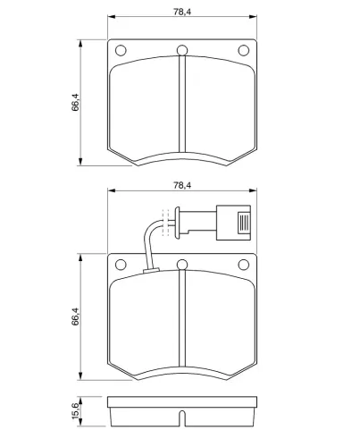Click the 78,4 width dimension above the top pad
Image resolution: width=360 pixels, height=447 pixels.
point(182,12)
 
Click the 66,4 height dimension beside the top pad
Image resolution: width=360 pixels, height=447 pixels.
point(75,102)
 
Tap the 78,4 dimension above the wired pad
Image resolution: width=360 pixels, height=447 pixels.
point(182,185)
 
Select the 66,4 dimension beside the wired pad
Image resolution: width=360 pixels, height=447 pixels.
point(75,316)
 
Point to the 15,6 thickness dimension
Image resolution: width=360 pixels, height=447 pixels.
point(75,410)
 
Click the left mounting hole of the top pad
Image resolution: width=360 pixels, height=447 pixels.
point(121,50)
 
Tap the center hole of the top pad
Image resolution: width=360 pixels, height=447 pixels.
point(182,50)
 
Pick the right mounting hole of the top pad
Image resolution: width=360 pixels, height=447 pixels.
point(244,50)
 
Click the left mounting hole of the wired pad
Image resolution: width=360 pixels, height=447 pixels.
point(121,265)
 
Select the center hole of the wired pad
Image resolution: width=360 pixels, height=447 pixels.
point(182,265)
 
